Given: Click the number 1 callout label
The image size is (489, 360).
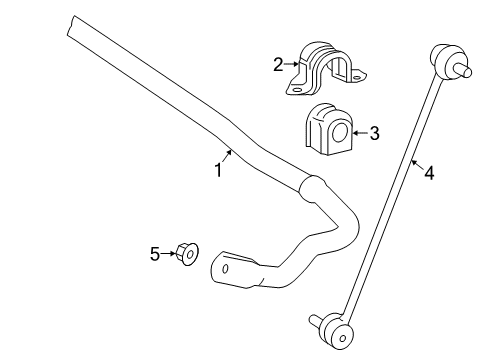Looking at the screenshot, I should click(218, 170).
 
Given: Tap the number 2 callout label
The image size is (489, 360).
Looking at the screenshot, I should click(278, 66).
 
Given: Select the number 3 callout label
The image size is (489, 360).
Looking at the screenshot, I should click(374, 131).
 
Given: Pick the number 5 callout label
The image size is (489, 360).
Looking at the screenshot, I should click(155, 255).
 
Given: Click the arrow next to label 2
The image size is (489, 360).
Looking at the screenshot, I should click(292, 66).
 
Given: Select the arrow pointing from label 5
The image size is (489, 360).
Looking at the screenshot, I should click(169, 255).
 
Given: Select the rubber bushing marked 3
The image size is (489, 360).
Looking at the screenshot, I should click(327, 129).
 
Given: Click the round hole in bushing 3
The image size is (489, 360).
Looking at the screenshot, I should click(337, 129).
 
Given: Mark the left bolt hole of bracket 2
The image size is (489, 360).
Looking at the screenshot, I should click(297, 89).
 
